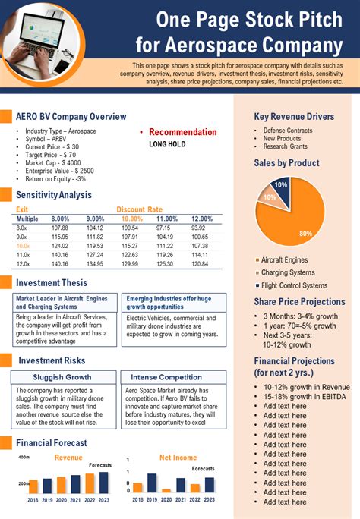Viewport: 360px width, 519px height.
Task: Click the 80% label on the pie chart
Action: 305,234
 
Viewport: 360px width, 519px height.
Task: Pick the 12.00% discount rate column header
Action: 202,219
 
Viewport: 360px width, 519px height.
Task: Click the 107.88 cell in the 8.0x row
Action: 60,228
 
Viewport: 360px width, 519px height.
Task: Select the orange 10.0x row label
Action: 23,246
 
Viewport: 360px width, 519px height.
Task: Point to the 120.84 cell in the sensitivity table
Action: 199,264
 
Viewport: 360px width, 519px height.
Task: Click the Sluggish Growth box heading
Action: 63,377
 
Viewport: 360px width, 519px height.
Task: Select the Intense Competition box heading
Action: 171,377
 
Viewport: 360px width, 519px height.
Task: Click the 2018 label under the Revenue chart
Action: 33,500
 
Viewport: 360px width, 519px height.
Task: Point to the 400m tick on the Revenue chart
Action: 23,458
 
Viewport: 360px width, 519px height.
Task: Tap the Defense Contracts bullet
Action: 288,131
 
